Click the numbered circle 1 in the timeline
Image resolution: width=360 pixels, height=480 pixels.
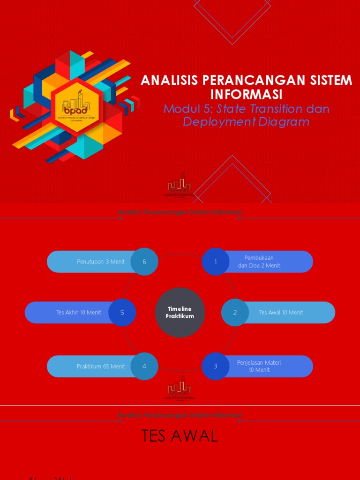(216, 262)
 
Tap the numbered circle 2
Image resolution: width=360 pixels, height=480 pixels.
(235, 312)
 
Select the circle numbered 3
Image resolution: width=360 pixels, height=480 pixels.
(216, 366)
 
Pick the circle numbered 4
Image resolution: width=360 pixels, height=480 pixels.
(144, 366)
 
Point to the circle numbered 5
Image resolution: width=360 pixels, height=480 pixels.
(122, 312)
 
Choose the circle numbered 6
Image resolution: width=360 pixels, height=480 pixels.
(144, 262)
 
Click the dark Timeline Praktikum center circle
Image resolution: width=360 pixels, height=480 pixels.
(180, 313)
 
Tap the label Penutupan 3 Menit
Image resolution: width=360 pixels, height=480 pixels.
(101, 262)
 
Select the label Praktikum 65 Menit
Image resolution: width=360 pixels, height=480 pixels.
(101, 366)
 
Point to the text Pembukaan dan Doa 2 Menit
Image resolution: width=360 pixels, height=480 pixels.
(259, 262)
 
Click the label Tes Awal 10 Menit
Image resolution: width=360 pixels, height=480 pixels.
(281, 312)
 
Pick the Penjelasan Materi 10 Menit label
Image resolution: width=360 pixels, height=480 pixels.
(259, 366)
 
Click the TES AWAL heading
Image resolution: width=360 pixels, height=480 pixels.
(180, 436)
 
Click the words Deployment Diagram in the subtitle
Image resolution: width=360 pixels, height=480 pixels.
(246, 122)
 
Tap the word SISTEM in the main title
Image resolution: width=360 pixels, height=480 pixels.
(330, 80)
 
